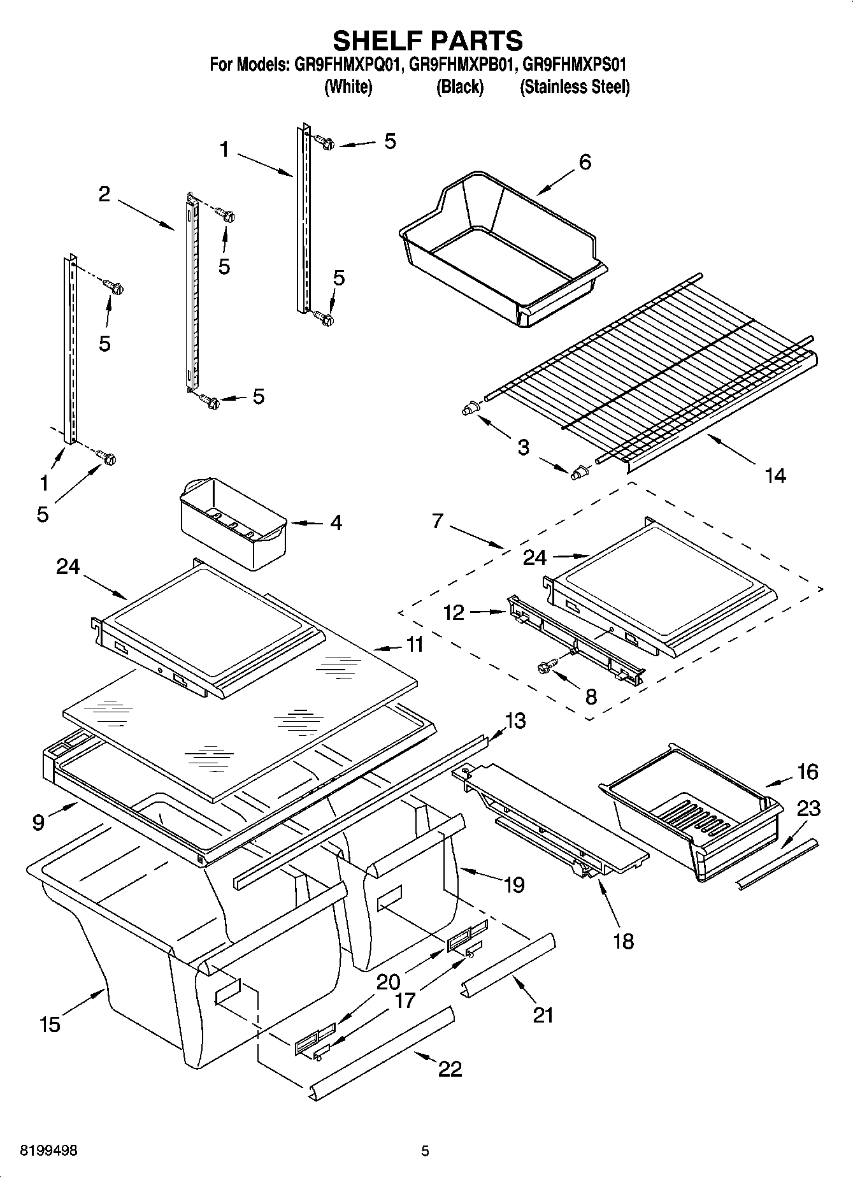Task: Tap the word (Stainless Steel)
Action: point(575,87)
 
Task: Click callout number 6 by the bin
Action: point(584,162)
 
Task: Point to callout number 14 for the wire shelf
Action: point(775,475)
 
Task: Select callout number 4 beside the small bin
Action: point(336,522)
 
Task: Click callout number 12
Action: point(454,612)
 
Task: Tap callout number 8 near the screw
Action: point(591,697)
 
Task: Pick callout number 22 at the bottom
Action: point(450,1068)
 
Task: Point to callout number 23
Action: point(808,808)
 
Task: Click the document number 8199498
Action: point(48,1151)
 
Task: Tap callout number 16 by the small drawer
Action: point(807,772)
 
